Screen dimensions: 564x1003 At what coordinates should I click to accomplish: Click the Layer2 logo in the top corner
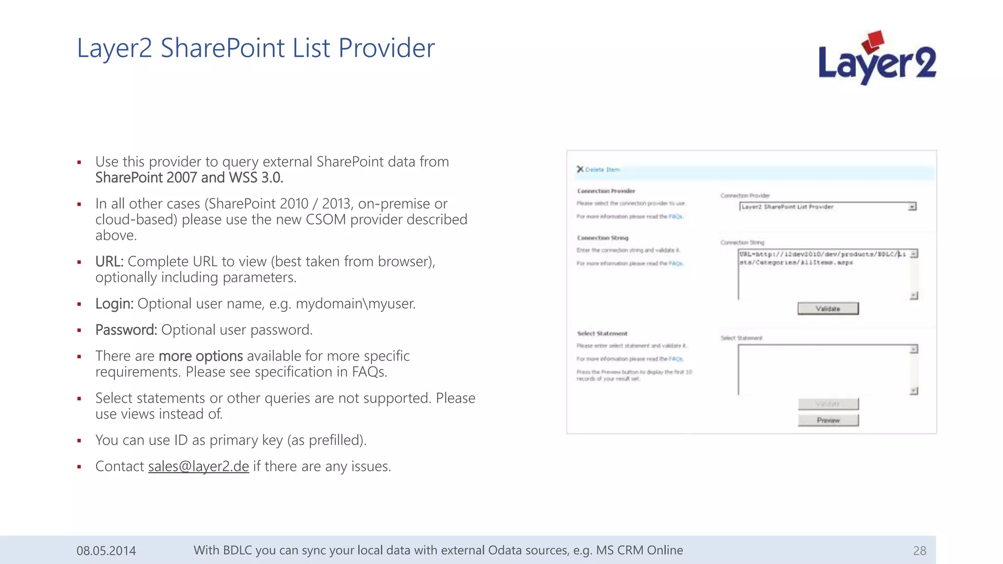pos(877,61)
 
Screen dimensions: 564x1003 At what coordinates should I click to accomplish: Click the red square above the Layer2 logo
pos(873,41)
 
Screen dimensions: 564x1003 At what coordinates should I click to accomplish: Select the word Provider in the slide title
pos(386,48)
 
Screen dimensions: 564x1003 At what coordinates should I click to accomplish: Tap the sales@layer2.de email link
pos(198,466)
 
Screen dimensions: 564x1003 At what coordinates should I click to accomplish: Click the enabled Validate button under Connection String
pos(828,308)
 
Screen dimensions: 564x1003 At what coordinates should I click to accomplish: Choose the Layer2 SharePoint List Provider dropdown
pos(828,207)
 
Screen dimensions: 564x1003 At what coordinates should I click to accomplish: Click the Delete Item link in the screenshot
pos(602,169)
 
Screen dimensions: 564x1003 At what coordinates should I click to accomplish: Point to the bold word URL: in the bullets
pos(109,261)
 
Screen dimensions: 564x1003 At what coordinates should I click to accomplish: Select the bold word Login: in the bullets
pos(114,304)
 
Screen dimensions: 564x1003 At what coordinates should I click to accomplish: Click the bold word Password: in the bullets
pos(126,330)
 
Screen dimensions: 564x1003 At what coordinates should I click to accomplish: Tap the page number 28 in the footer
pos(919,551)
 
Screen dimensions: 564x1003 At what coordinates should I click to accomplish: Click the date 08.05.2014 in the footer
pos(106,551)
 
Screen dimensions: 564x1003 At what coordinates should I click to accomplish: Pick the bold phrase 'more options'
pos(200,356)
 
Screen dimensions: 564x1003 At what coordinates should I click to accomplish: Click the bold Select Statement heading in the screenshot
pos(602,333)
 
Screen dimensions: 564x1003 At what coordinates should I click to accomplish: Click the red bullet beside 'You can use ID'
pos(79,441)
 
